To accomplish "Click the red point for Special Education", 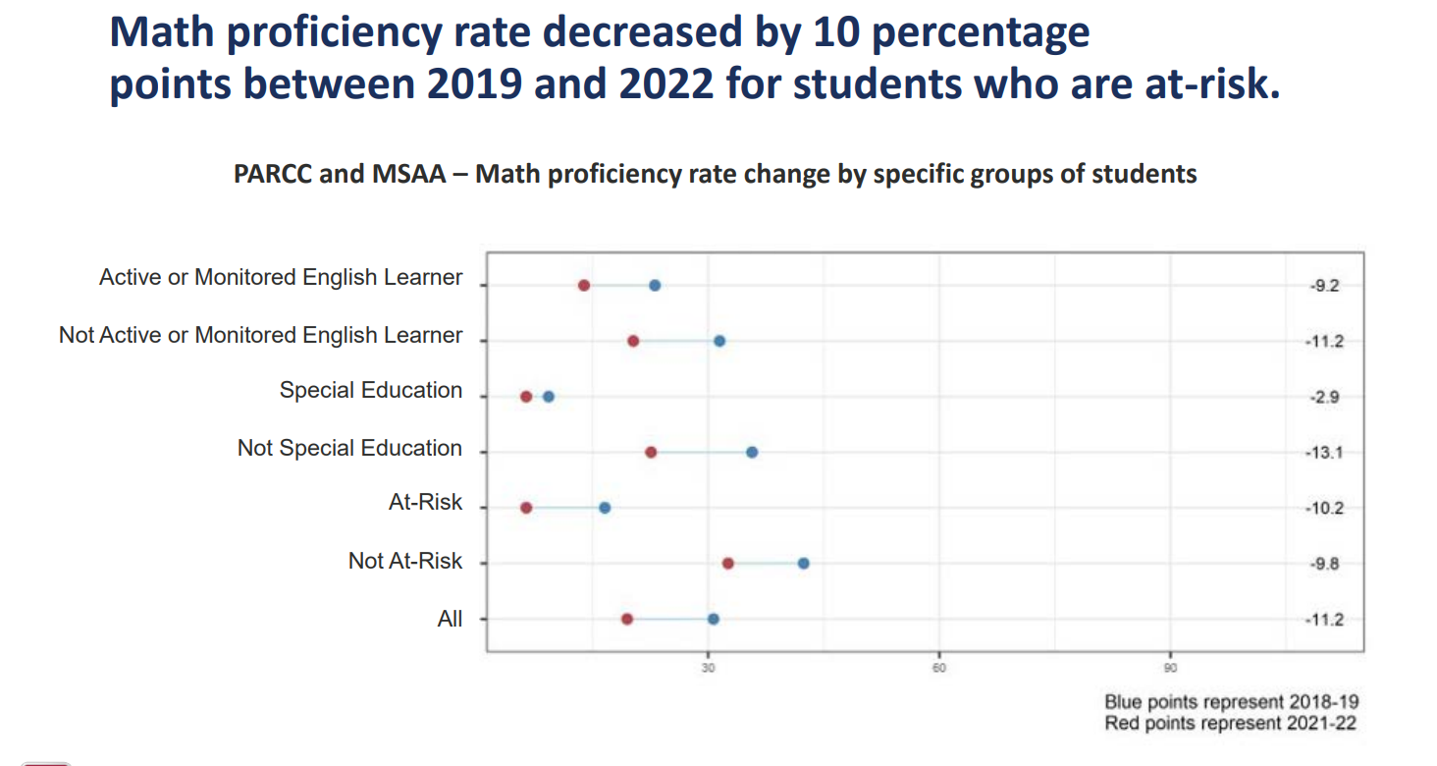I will pos(526,397).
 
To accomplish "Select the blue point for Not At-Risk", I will pos(804,564).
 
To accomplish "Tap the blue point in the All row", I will pos(714,620).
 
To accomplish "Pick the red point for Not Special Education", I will pos(651,453).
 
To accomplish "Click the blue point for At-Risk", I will pos(605,508).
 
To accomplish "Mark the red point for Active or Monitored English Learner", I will pos(584,286).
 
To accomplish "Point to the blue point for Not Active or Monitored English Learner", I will pos(719,341).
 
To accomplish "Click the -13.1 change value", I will pos(1322,453).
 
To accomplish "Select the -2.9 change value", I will pos(1325,398).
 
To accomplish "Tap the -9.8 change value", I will pos(1325,564).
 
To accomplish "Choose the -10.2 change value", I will pos(1322,509).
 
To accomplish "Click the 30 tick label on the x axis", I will pos(708,668).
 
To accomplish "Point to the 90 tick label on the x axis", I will pos(1170,668).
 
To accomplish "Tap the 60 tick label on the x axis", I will pos(939,668).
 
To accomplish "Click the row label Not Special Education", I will pos(349,449).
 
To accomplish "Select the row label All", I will pos(450,620).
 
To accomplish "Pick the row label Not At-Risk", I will pos(404,562).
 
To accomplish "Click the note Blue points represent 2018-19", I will pos(1231,703).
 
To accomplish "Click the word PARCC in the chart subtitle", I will pos(269,175).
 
